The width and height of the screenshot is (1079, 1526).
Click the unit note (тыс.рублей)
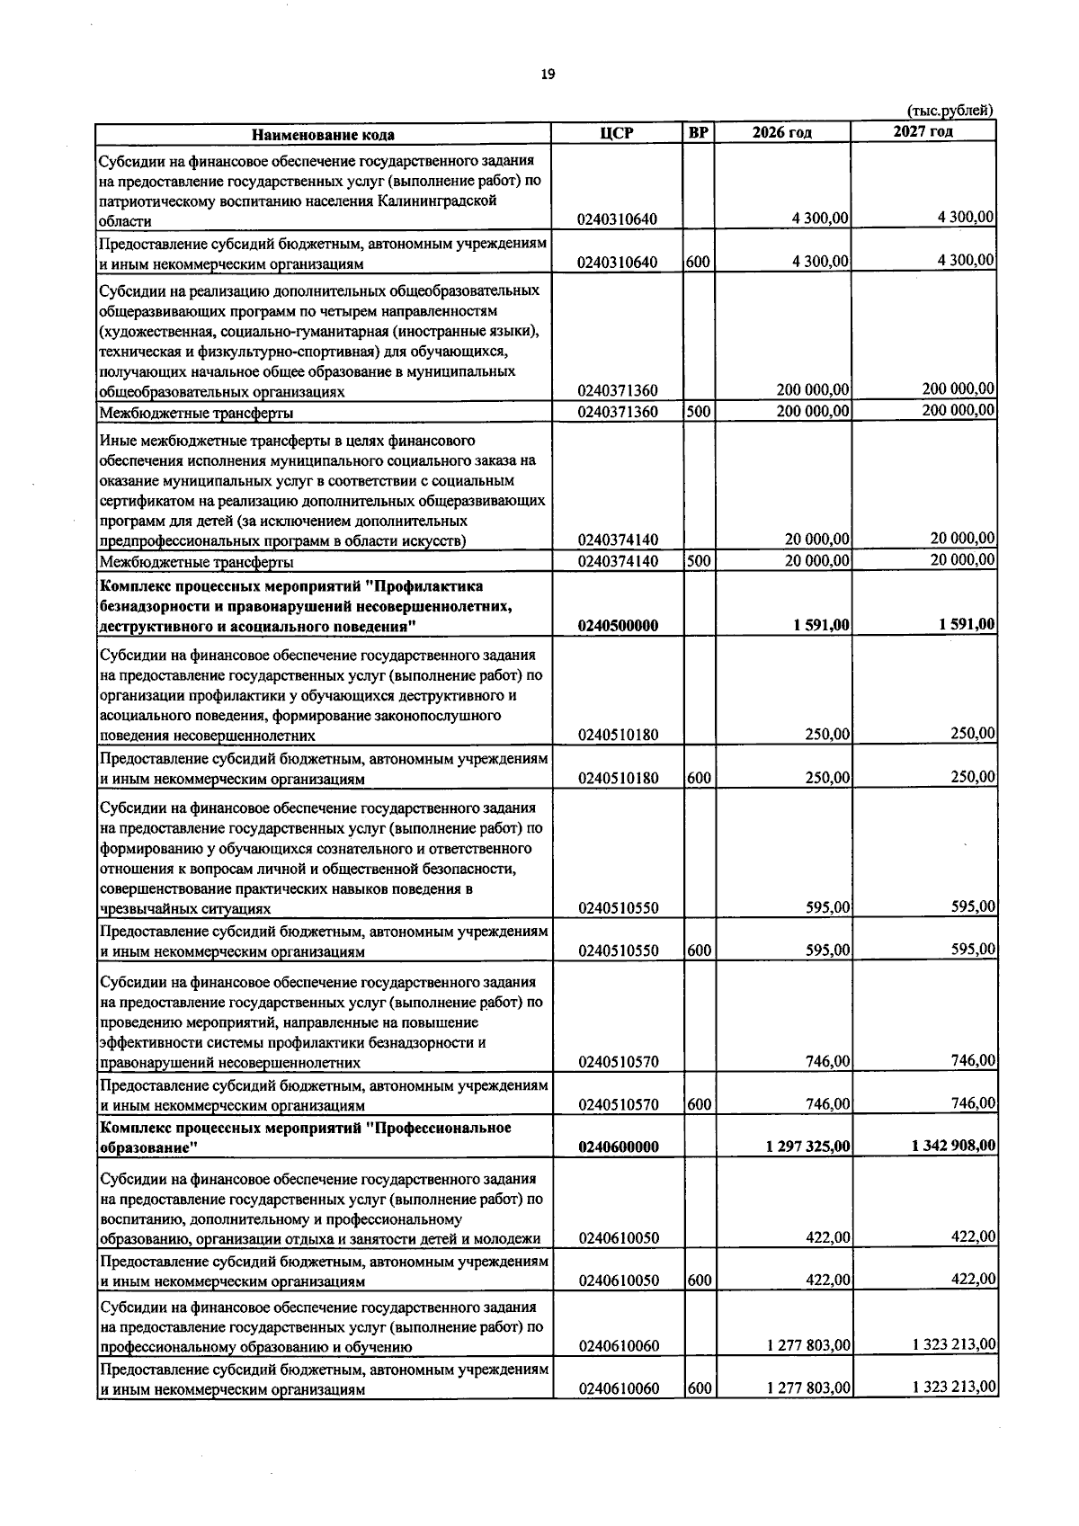tap(950, 111)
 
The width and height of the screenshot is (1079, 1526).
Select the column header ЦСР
tap(617, 133)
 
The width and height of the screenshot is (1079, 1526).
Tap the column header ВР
tap(698, 133)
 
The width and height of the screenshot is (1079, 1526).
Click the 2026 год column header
tap(781, 133)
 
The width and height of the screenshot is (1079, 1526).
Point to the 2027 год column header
tap(923, 132)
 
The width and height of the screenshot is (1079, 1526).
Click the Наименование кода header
tap(323, 135)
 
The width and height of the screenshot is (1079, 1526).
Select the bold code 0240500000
tap(619, 626)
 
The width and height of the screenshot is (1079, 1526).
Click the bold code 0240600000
tap(619, 1147)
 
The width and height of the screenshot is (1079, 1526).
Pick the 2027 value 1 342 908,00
tap(953, 1146)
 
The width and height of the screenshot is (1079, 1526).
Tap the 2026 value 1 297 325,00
tap(808, 1147)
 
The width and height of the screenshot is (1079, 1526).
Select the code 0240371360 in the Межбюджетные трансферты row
tap(619, 413)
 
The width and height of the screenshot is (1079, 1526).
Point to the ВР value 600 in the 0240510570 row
tap(699, 1104)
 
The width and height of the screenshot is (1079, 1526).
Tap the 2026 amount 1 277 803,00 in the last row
tap(808, 1414)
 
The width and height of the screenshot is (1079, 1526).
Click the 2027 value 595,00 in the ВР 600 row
tap(973, 950)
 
